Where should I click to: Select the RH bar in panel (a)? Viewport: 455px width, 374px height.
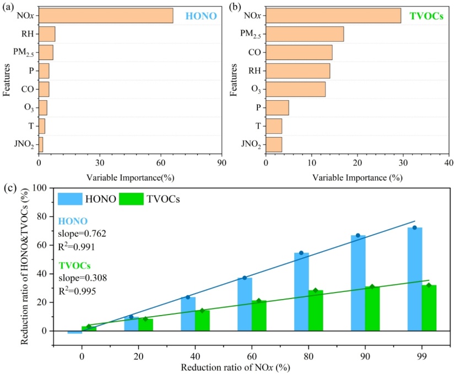coord(47,34)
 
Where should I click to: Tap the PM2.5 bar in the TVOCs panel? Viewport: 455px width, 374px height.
coord(305,34)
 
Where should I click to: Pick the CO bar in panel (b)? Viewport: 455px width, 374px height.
coord(299,52)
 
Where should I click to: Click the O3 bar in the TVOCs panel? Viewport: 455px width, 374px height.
coord(295,89)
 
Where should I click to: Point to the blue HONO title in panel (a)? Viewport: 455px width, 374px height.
coord(201,17)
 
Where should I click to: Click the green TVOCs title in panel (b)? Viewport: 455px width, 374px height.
coord(426,17)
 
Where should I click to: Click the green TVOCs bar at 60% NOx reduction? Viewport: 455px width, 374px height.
coord(259,316)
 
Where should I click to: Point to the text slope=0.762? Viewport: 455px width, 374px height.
coord(82,234)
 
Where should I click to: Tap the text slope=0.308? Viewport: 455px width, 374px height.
coord(83,278)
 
